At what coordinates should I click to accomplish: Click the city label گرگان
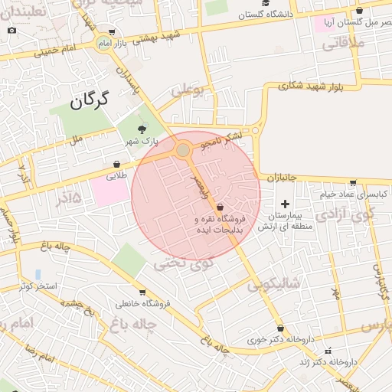pos(90,100)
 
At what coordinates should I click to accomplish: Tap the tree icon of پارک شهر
pos(141,129)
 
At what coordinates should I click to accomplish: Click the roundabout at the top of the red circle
pos(183,150)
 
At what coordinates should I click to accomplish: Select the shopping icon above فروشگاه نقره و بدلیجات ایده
pos(220,207)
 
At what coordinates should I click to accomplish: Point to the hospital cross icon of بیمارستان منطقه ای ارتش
pos(286,204)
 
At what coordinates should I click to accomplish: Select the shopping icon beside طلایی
pos(116,163)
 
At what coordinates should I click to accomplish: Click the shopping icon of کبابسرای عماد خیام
pos(352,183)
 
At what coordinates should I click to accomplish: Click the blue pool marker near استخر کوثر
pos(38,274)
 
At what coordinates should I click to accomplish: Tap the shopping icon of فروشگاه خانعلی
pos(142,292)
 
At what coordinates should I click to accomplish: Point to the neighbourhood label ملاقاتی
pos(341,44)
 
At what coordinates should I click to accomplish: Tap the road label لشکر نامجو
pos(221,139)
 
